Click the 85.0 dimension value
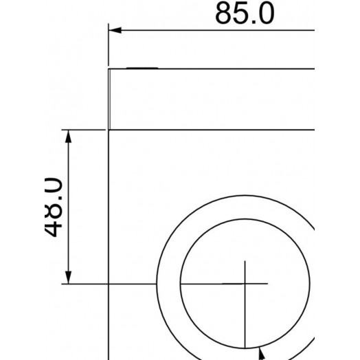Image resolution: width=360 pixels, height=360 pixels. pos(245,13)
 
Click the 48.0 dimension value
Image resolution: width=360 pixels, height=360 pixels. pos(54,207)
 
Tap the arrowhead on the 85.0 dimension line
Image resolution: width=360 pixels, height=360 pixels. pos(115,30)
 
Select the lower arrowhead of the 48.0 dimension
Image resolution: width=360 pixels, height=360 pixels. pos(68,278)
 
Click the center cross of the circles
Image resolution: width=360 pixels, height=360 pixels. pos(245,284)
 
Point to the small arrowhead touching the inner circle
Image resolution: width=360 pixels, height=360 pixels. pos(262,354)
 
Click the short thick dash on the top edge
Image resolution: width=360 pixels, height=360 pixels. pos(142,68)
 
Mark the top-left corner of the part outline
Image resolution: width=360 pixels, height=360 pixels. pos(109,69)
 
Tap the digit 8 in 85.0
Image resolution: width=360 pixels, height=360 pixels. pos(223,13)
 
